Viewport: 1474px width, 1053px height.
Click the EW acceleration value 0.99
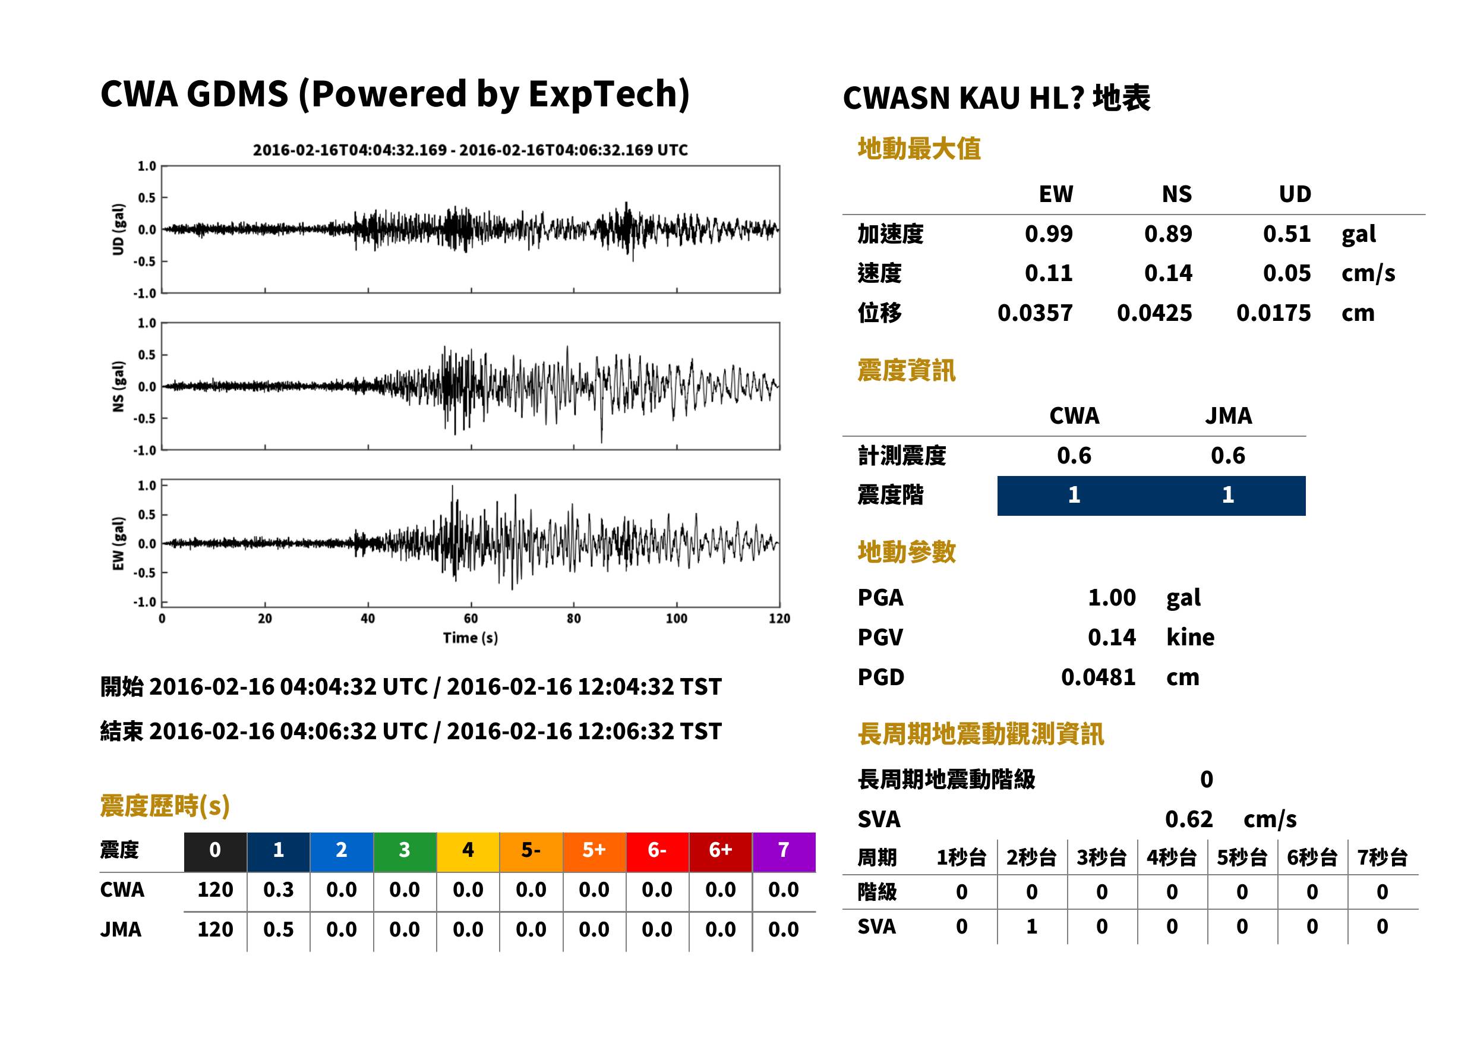click(1048, 234)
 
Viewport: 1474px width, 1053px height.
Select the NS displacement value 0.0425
click(1154, 313)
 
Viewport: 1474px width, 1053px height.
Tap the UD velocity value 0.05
click(1287, 273)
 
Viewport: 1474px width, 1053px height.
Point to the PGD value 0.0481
click(1098, 677)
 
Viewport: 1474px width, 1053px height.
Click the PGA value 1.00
click(1112, 597)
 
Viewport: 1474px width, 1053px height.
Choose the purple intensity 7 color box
click(784, 852)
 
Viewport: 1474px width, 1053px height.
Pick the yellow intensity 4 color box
click(468, 852)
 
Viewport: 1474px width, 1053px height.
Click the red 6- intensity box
click(657, 852)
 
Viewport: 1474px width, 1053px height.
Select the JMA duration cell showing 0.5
click(278, 930)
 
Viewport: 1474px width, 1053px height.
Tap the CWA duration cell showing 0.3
click(278, 890)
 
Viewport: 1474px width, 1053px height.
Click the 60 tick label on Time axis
click(471, 619)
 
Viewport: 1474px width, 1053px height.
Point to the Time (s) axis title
click(471, 638)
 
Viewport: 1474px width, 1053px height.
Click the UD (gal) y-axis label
click(118, 229)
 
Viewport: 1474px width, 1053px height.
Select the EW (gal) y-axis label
click(118, 544)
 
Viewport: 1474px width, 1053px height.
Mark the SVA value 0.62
click(1189, 819)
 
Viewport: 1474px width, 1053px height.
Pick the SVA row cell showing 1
click(1031, 926)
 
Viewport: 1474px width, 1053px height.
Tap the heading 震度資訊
click(906, 370)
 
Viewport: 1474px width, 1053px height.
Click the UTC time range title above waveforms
click(471, 150)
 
